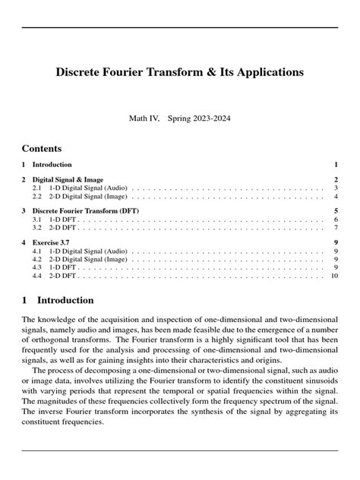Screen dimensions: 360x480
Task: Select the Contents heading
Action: pos(42,148)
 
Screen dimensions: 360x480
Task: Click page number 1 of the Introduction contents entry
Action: pos(335,164)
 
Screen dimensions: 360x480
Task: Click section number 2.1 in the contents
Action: pos(36,187)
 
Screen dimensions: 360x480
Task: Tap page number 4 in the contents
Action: pos(335,196)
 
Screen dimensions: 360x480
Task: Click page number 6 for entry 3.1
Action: pos(335,219)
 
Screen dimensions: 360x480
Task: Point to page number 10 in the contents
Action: pos(333,275)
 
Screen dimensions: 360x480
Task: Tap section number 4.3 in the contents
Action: pos(36,267)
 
